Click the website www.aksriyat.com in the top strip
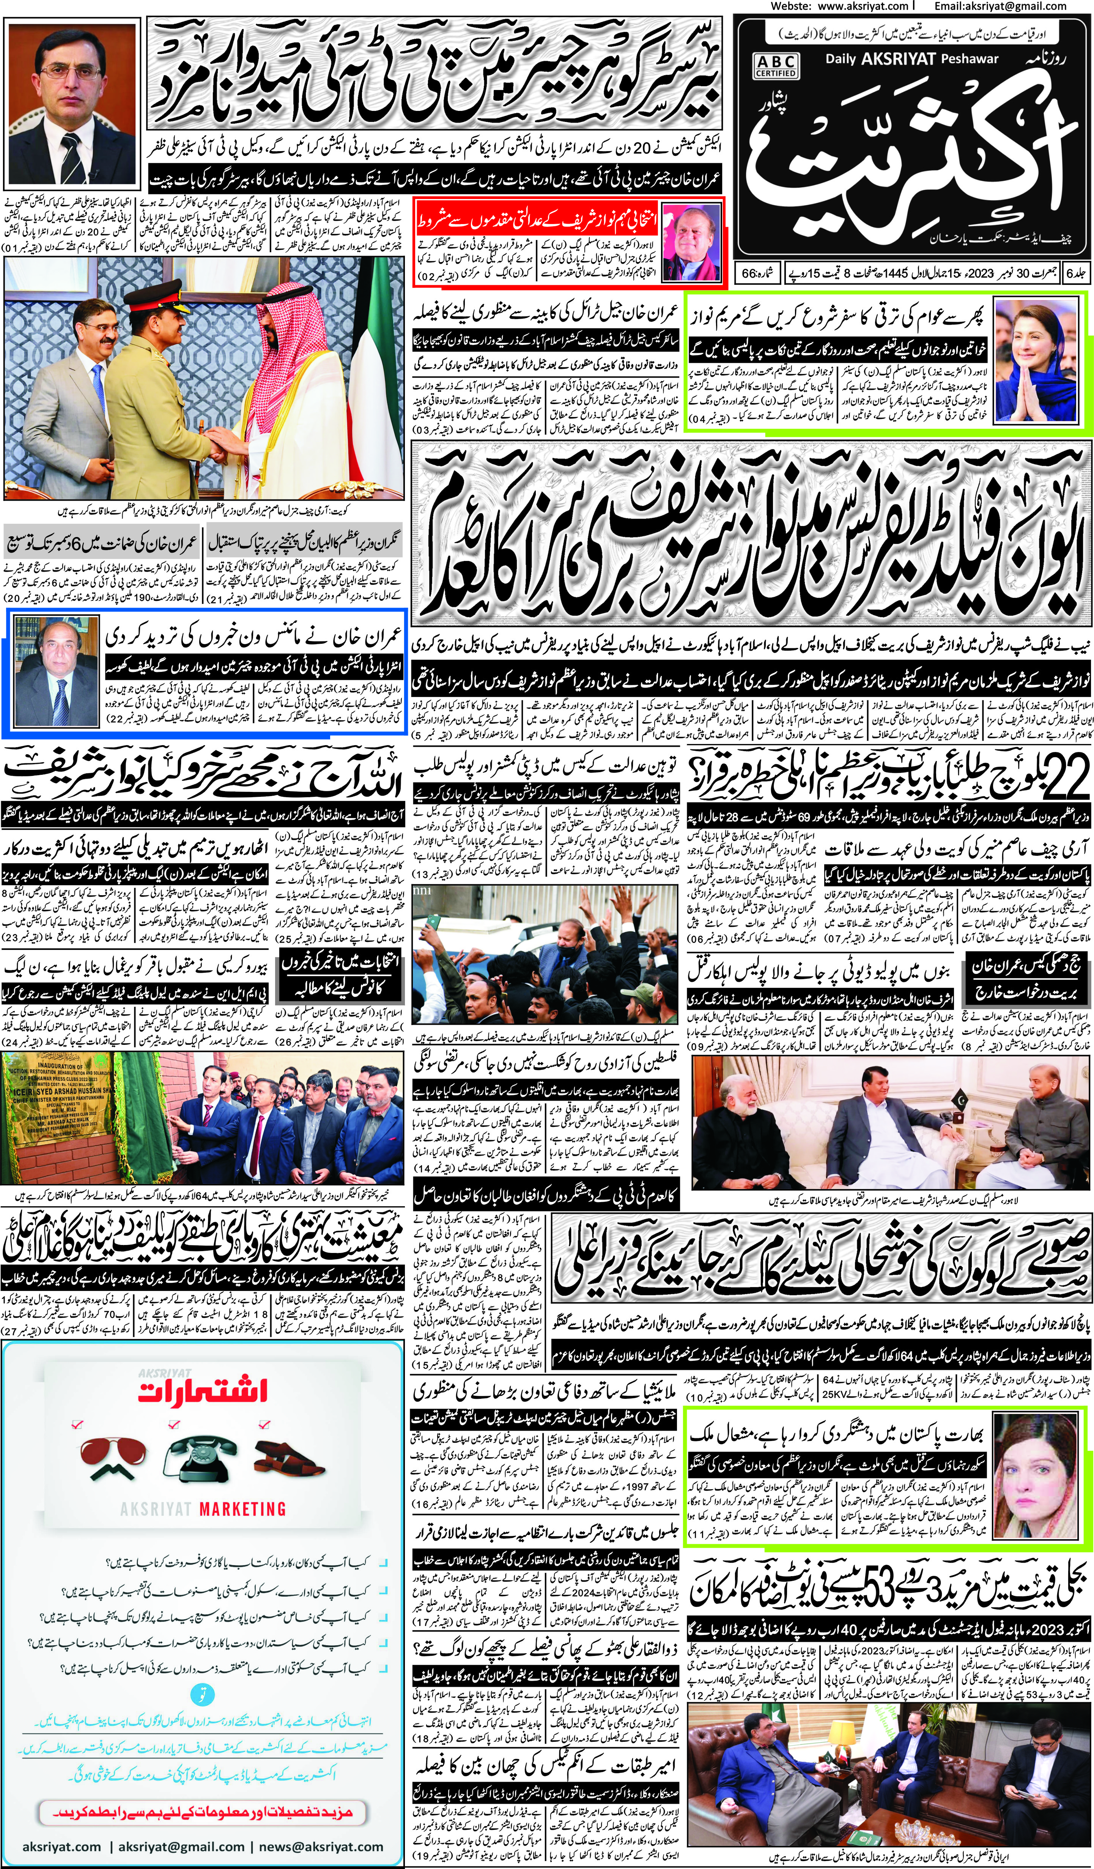click(864, 6)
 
